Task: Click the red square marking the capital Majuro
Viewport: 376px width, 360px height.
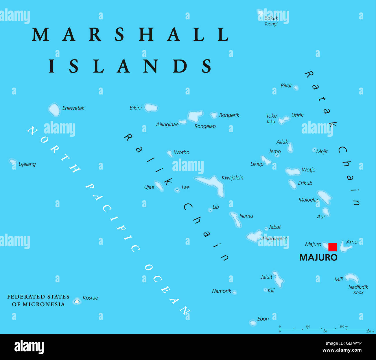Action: tap(333, 247)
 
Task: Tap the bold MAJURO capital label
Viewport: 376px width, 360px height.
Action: tap(318, 257)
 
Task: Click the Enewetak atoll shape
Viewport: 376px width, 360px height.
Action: tap(54, 110)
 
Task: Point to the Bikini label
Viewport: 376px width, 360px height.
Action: tap(136, 108)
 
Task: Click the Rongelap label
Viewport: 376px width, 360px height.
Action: tap(205, 126)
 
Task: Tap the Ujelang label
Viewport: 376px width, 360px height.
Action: tap(27, 164)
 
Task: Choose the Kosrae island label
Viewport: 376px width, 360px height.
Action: tap(90, 298)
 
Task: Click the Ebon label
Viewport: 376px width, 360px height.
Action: tap(263, 319)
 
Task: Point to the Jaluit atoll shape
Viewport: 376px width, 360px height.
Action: tap(278, 279)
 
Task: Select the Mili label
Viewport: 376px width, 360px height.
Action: tap(339, 279)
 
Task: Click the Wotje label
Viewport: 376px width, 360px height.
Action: tap(308, 170)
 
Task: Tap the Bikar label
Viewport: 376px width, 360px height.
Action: tap(286, 86)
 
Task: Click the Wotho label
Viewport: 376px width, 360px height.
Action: tap(182, 152)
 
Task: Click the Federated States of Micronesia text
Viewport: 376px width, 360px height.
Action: tap(38, 300)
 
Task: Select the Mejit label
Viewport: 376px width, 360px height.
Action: tap(322, 151)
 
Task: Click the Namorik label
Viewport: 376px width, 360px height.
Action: tap(222, 291)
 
